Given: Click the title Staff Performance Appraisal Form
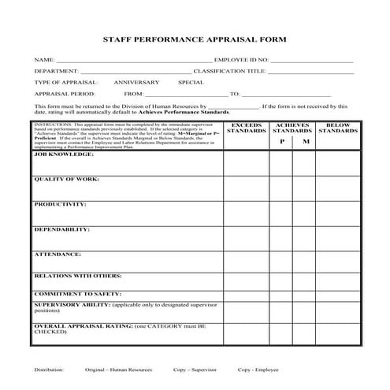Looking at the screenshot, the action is click(x=195, y=39).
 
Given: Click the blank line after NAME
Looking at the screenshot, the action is click(x=133, y=61).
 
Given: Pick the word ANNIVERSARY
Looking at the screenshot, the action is click(x=136, y=82).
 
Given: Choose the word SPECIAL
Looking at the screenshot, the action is click(x=191, y=82).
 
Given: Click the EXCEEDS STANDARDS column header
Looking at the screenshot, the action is click(x=246, y=127).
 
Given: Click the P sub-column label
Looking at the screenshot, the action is click(x=281, y=142).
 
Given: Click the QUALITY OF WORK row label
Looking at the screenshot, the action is click(x=66, y=179).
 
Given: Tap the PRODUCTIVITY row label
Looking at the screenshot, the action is click(x=60, y=204).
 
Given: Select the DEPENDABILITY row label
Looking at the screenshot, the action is click(x=61, y=229).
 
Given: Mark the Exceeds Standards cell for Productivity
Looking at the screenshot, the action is click(x=246, y=213).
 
